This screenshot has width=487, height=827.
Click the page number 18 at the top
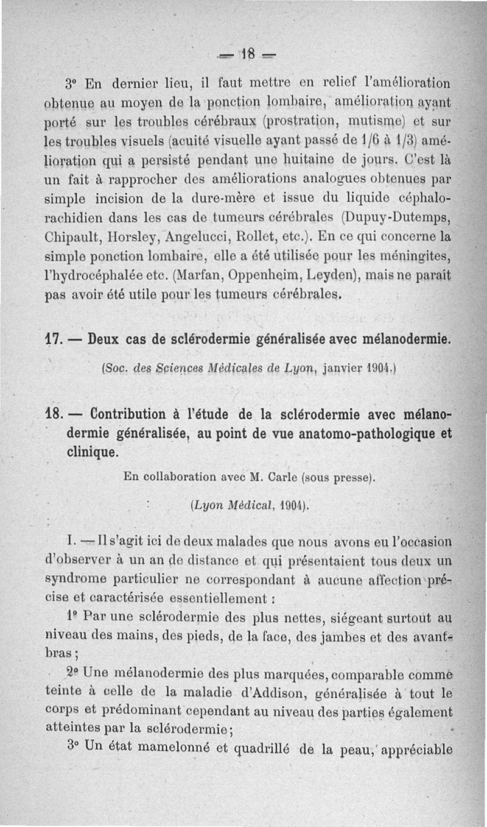pos(249,53)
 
